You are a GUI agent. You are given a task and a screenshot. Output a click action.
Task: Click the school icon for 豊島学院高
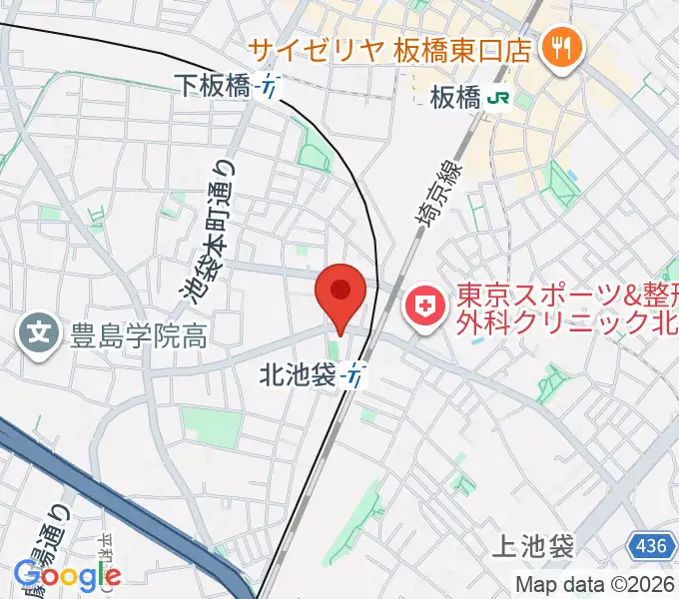point(40,331)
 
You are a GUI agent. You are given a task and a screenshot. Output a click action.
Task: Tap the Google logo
point(67,575)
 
